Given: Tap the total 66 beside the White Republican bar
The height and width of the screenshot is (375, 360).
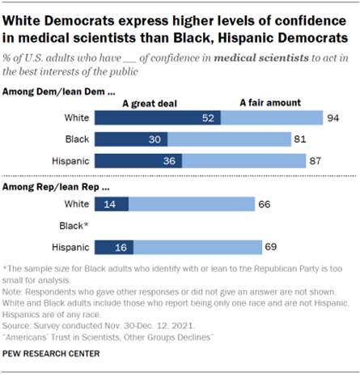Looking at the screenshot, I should pyautogui.click(x=264, y=204).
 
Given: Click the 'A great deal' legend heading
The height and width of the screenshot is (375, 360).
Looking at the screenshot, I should pyautogui.click(x=149, y=103).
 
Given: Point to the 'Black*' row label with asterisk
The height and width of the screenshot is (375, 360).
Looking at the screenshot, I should pyautogui.click(x=75, y=225).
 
